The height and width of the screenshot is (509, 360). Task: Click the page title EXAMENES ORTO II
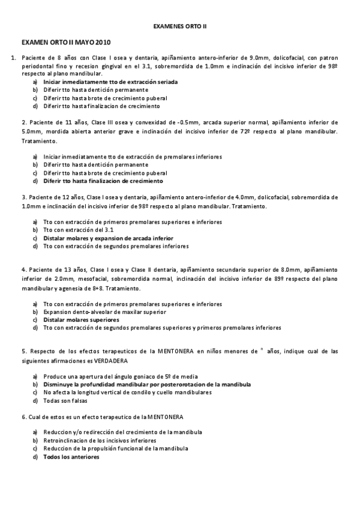click(180, 27)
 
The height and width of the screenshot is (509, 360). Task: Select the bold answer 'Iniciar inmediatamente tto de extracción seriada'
click(110, 82)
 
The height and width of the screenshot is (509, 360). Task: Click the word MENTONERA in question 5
click(149, 351)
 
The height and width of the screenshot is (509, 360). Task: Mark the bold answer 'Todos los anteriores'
click(71, 457)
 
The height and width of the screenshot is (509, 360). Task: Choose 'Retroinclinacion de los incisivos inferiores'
click(100, 440)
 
